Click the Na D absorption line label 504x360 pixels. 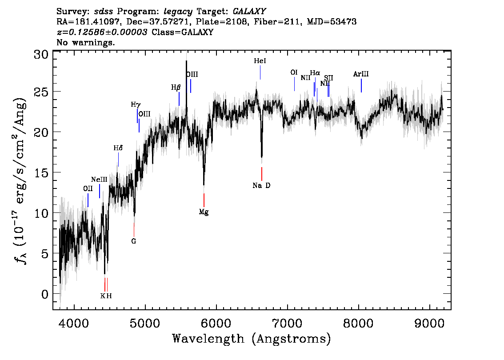coord(261,185)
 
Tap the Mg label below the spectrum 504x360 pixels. coord(204,212)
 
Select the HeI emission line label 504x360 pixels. coord(260,61)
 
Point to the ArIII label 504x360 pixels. coord(361,74)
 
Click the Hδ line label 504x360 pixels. coord(118,148)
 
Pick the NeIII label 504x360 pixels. coord(99,180)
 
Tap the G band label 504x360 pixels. coord(134,241)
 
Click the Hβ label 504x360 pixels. coord(176,88)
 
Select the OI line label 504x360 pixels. coord(294,72)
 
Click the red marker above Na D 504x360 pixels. coord(262,174)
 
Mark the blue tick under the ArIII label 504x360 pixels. coord(361,85)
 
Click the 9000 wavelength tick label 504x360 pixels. coord(429,323)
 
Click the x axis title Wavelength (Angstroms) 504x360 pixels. coord(252,339)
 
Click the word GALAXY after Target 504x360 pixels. coord(249,11)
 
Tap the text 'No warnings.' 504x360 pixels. coord(85,42)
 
